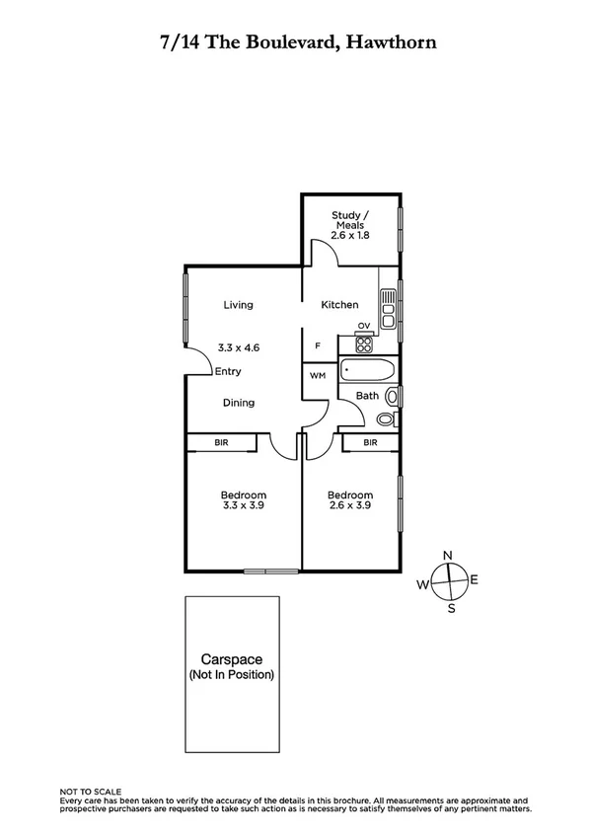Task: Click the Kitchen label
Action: click(x=339, y=305)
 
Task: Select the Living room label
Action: click(x=238, y=305)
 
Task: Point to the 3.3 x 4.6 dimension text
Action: click(x=238, y=347)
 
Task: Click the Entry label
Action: click(x=228, y=372)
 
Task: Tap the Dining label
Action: click(x=238, y=403)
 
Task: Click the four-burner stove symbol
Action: click(x=364, y=345)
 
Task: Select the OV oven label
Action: click(x=363, y=326)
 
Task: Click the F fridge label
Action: click(x=317, y=346)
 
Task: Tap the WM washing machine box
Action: click(x=318, y=376)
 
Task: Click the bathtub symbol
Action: click(x=367, y=372)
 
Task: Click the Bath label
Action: click(x=367, y=396)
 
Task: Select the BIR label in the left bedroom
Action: click(x=222, y=443)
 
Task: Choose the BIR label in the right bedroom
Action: click(x=370, y=443)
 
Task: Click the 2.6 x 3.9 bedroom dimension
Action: click(x=350, y=505)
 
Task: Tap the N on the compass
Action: click(x=448, y=555)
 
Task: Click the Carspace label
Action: click(x=232, y=658)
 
